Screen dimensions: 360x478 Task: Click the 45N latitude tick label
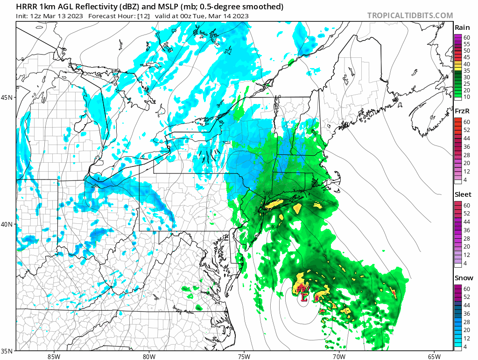click(7, 97)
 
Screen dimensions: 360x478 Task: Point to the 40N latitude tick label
click(7, 224)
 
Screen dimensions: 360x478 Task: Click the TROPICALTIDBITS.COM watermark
click(410, 15)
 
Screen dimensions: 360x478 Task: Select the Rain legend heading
click(462, 28)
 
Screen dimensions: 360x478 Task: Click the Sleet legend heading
click(463, 194)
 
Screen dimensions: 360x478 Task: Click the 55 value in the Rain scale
click(466, 43)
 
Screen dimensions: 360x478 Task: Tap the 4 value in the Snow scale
click(465, 347)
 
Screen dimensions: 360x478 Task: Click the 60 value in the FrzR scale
click(466, 122)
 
